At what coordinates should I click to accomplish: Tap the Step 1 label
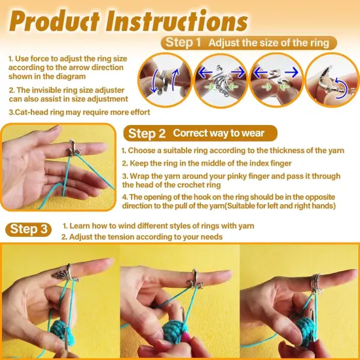183,43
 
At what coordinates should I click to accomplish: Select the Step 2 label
146,134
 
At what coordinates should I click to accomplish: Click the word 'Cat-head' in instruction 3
31,112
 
